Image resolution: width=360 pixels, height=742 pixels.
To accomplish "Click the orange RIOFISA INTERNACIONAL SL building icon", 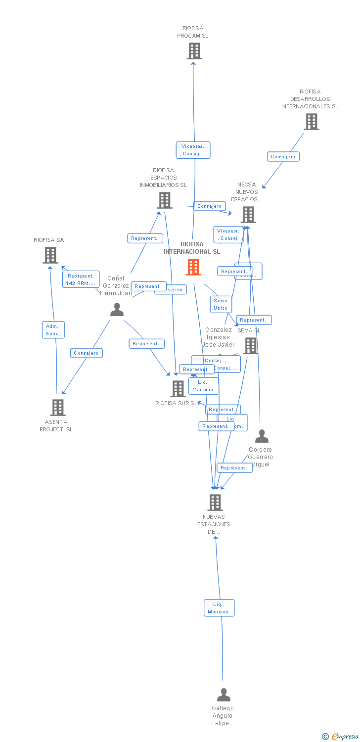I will (193, 267).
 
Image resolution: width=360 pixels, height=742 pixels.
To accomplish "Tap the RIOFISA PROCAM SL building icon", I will (194, 51).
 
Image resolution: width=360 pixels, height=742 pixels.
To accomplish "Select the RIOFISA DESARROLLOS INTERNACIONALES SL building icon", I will (311, 122).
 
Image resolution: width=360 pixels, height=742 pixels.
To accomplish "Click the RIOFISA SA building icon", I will (50, 255).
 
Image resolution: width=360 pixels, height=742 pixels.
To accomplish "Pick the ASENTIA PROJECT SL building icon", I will (58, 408).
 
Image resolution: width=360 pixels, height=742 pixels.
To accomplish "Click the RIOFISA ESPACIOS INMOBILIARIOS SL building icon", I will (165, 200).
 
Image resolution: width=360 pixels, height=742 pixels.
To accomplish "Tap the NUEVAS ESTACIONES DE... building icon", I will (215, 503).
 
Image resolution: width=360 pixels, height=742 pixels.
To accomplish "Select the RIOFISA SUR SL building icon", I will (178, 389).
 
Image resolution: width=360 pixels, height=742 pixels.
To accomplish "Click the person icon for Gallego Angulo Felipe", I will (224, 695).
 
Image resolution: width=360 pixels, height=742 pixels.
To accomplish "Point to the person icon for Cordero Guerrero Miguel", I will (262, 436).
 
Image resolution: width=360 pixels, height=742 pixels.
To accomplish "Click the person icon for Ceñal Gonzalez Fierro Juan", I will (117, 310).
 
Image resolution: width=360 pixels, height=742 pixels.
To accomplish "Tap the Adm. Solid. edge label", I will (53, 330).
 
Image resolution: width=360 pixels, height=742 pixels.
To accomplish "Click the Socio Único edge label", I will (221, 304).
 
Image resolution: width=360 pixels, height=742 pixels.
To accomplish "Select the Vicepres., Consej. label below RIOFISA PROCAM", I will (193, 150).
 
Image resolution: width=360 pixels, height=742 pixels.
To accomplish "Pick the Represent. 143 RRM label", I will (81, 279).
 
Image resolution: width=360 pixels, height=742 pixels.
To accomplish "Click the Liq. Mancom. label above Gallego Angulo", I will (219, 608).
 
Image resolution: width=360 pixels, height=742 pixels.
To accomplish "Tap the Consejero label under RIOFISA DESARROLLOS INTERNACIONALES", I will (283, 157).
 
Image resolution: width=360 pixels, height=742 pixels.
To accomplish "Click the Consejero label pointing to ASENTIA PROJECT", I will (87, 353).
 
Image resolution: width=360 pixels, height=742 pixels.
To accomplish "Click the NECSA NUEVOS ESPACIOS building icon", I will (248, 215).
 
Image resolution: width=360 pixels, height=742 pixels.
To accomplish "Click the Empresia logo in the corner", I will (341, 737).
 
